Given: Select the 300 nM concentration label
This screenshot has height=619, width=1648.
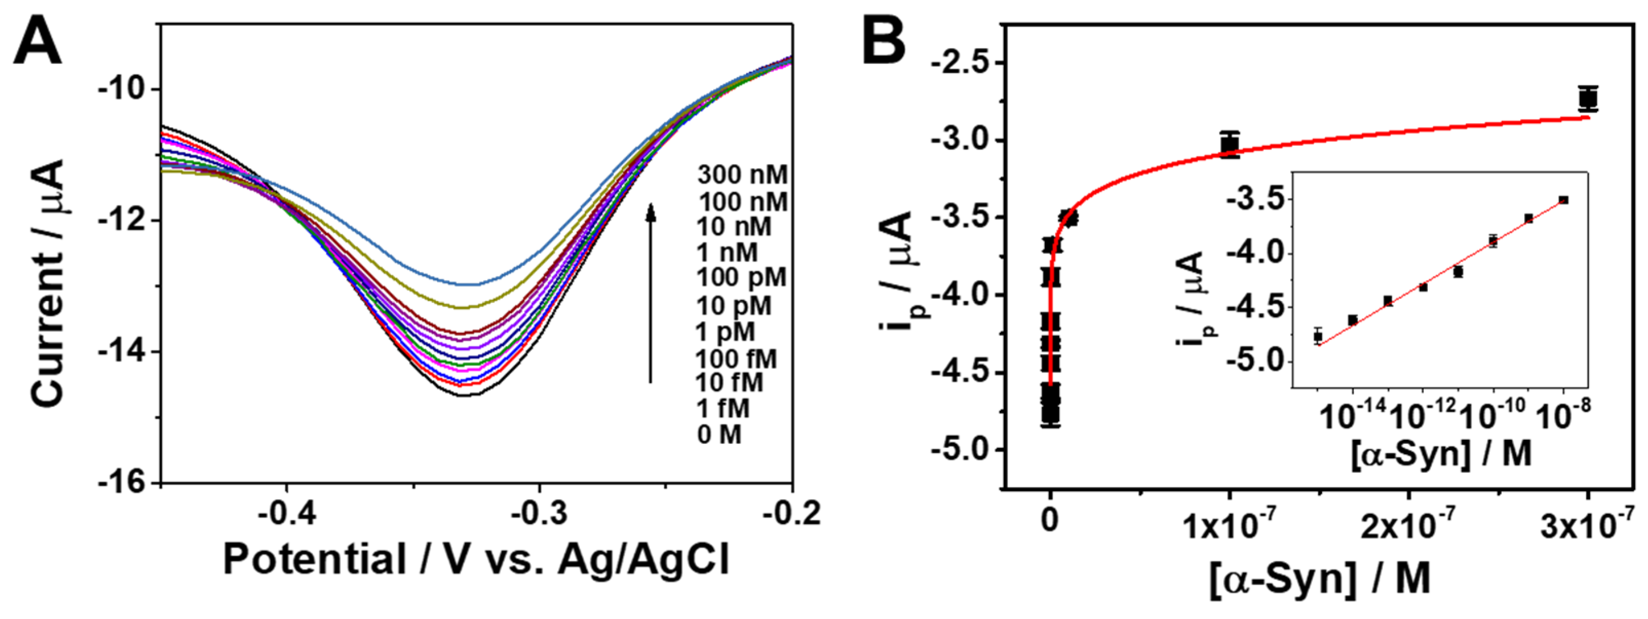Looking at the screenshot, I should click(742, 174).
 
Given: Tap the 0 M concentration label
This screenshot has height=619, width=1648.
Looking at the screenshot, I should click(719, 435).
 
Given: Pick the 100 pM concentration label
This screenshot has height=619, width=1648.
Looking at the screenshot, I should click(742, 278).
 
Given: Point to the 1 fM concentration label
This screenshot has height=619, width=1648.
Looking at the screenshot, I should click(723, 408).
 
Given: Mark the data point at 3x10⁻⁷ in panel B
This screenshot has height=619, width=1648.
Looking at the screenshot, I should click(1588, 99).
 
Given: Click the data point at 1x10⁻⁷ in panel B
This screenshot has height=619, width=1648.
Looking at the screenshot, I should click(1230, 145).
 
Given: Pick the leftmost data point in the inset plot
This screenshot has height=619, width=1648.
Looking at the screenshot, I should click(1318, 336).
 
